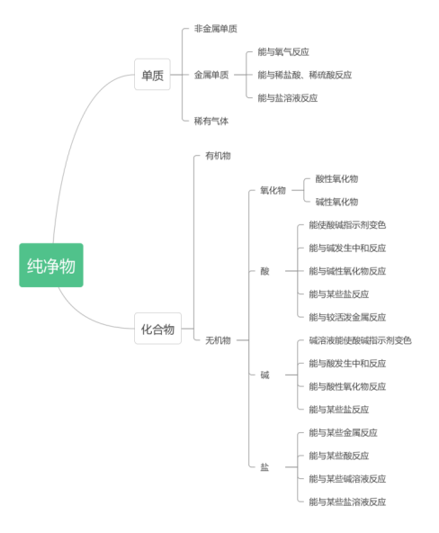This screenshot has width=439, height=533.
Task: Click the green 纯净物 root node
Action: pyautogui.click(x=51, y=266)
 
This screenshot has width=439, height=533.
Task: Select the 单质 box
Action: pyautogui.click(x=152, y=75)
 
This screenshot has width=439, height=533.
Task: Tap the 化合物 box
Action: pyautogui.click(x=157, y=329)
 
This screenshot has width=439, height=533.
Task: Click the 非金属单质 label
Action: pyautogui.click(x=216, y=29)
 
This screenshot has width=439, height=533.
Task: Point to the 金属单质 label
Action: pyautogui.click(x=211, y=75)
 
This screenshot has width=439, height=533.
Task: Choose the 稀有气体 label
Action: pyautogui.click(x=211, y=121)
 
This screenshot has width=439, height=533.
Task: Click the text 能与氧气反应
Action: pyautogui.click(x=283, y=52)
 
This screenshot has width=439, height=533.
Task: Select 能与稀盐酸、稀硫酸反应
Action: pyautogui.click(x=304, y=75)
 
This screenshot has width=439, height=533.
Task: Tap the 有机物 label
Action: pyautogui.click(x=218, y=156)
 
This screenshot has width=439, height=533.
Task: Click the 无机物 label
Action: pyautogui.click(x=218, y=340)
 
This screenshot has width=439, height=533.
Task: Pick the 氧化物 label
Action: pyautogui.click(x=273, y=190)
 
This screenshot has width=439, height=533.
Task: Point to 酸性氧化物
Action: pyautogui.click(x=336, y=178)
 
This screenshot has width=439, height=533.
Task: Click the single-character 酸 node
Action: pyautogui.click(x=264, y=271)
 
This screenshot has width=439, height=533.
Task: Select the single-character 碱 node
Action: pyautogui.click(x=264, y=375)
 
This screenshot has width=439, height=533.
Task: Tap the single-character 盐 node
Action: pyautogui.click(x=264, y=467)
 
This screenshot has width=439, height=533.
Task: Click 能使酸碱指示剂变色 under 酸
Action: pyautogui.click(x=347, y=225)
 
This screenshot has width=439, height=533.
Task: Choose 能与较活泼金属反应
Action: pyautogui.click(x=347, y=317)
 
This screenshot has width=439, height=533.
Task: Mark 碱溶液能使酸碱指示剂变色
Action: pyautogui.click(x=360, y=340)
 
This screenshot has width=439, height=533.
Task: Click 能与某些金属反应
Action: pyautogui.click(x=343, y=433)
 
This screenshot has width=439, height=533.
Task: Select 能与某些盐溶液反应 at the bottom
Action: pyautogui.click(x=347, y=501)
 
